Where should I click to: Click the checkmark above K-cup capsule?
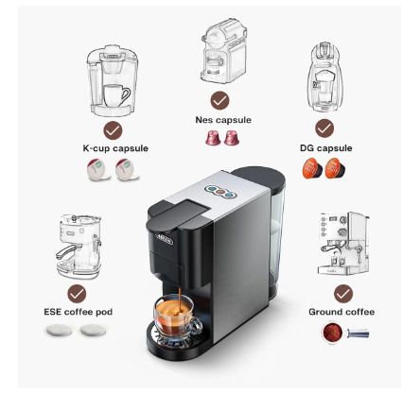click(x=113, y=130)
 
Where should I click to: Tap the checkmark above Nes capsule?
click(x=219, y=100)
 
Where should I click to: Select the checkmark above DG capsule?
click(x=324, y=128)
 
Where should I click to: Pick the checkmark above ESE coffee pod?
click(x=77, y=294)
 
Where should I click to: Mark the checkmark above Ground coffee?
click(x=343, y=294)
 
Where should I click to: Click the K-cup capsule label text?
click(x=115, y=148)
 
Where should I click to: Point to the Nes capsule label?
click(x=223, y=120)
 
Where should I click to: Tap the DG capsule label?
click(x=326, y=148)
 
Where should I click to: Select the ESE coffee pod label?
click(x=79, y=312)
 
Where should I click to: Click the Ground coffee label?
click(x=342, y=312)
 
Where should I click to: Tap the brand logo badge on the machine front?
click(x=165, y=241)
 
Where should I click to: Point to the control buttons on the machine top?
click(x=220, y=192)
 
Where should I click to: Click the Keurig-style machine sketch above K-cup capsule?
click(x=113, y=80)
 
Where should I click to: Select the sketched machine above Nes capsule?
click(x=223, y=51)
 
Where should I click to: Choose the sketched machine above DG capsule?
click(x=324, y=77)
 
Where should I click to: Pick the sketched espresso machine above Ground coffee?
click(x=343, y=244)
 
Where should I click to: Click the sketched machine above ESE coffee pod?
click(x=79, y=247)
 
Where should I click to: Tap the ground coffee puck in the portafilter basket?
click(x=333, y=332)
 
